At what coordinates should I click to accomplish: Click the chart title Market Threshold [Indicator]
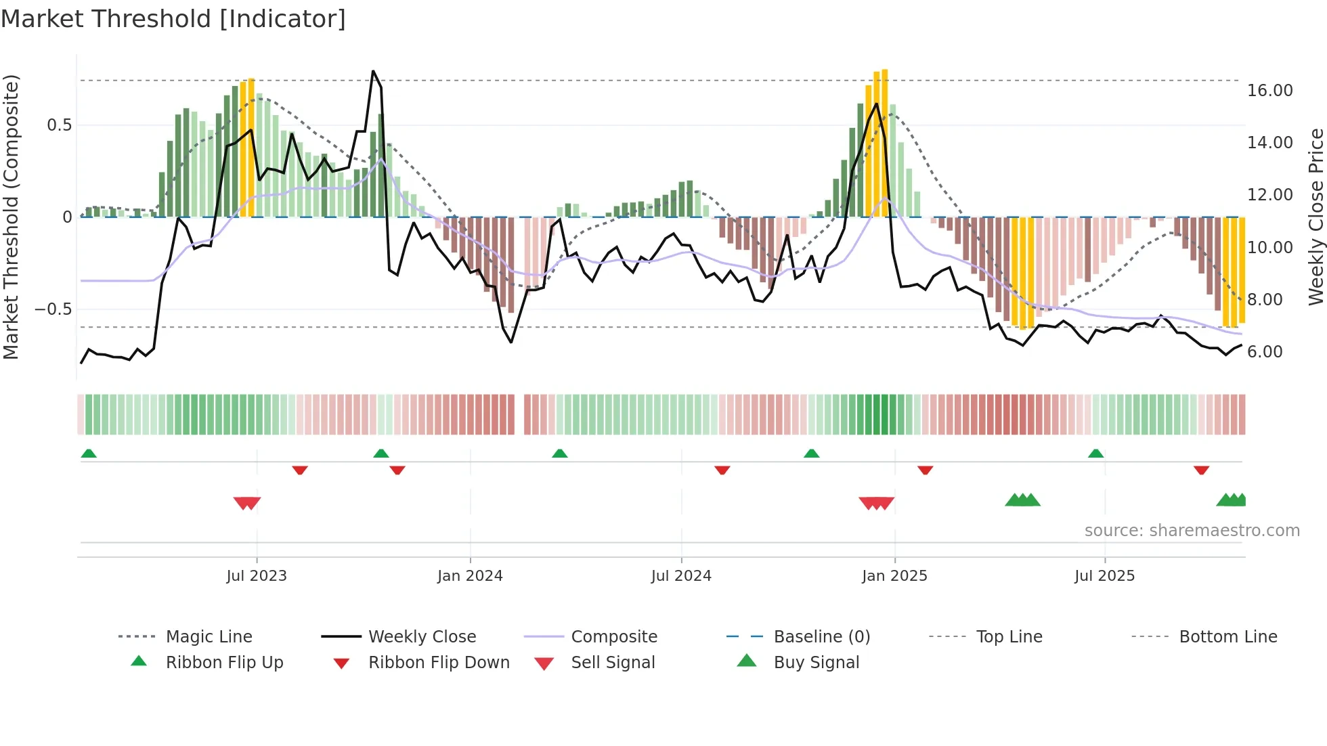tap(173, 19)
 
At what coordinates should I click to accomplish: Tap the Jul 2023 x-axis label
tap(257, 576)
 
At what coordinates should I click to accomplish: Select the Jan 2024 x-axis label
tap(470, 576)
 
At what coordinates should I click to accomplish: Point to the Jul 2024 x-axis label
tap(681, 576)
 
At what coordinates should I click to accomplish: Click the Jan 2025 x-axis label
tap(894, 576)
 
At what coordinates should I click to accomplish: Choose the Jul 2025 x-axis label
tap(1104, 576)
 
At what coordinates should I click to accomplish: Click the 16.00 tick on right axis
tap(1270, 91)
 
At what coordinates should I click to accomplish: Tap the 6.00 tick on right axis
tap(1265, 352)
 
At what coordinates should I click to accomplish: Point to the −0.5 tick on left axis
tap(53, 309)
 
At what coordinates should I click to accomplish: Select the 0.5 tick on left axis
tap(60, 125)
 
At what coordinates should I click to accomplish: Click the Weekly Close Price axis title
tap(1315, 217)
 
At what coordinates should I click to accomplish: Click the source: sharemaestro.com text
tap(1192, 531)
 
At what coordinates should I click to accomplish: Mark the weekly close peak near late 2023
tap(373, 71)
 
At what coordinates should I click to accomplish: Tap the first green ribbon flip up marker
tap(89, 454)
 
